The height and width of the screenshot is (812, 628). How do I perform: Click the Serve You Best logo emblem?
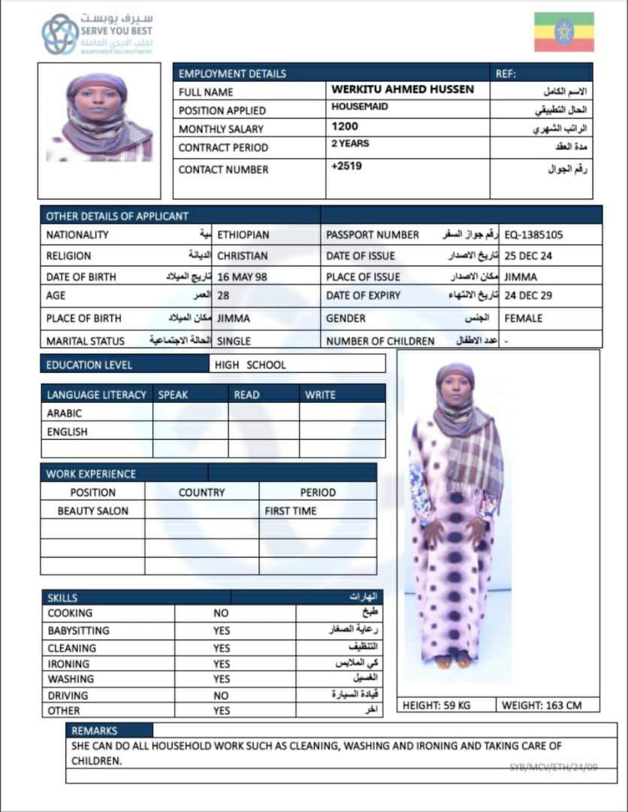click(x=60, y=34)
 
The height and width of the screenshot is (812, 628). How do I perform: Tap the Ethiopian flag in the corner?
click(x=563, y=32)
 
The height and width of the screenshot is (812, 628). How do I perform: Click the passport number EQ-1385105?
click(x=533, y=235)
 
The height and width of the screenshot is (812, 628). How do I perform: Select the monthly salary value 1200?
click(x=345, y=127)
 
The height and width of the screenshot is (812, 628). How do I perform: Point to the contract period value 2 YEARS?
click(x=350, y=144)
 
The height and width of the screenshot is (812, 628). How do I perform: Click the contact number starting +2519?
click(x=346, y=165)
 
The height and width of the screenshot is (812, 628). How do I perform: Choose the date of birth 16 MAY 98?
click(x=242, y=277)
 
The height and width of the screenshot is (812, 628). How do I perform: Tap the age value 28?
click(x=223, y=295)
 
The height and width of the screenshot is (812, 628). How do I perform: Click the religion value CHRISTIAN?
click(x=242, y=256)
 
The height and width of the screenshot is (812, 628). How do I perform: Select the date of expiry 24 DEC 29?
click(x=528, y=295)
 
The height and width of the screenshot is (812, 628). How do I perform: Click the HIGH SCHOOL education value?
click(x=255, y=365)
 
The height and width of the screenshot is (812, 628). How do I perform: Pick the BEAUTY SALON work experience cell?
click(x=92, y=511)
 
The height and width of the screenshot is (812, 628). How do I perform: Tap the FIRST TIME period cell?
click(x=291, y=511)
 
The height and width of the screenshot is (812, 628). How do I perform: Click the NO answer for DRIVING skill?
click(x=221, y=695)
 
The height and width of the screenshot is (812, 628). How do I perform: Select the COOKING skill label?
click(x=70, y=613)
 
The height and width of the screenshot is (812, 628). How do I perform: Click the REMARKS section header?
click(x=95, y=730)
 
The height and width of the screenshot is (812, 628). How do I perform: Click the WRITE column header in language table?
click(x=320, y=394)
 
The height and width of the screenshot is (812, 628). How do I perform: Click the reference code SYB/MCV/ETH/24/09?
click(x=553, y=766)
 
